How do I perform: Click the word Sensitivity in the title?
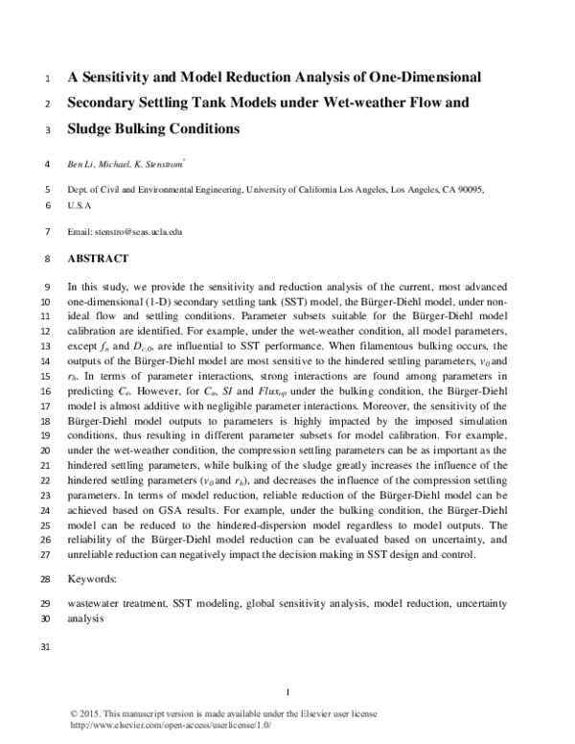coord(126,75)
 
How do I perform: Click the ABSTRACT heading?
coord(100,258)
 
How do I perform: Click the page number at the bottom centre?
coord(287,692)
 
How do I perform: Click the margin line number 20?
coord(47,447)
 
